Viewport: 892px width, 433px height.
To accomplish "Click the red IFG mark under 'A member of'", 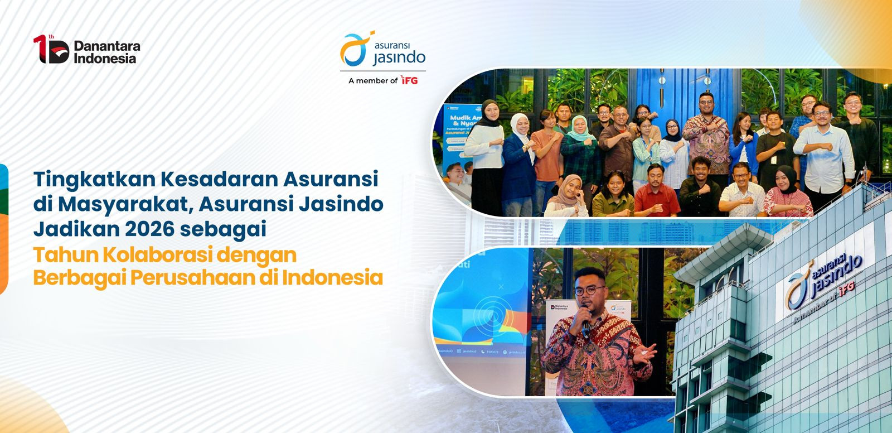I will (410, 81).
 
